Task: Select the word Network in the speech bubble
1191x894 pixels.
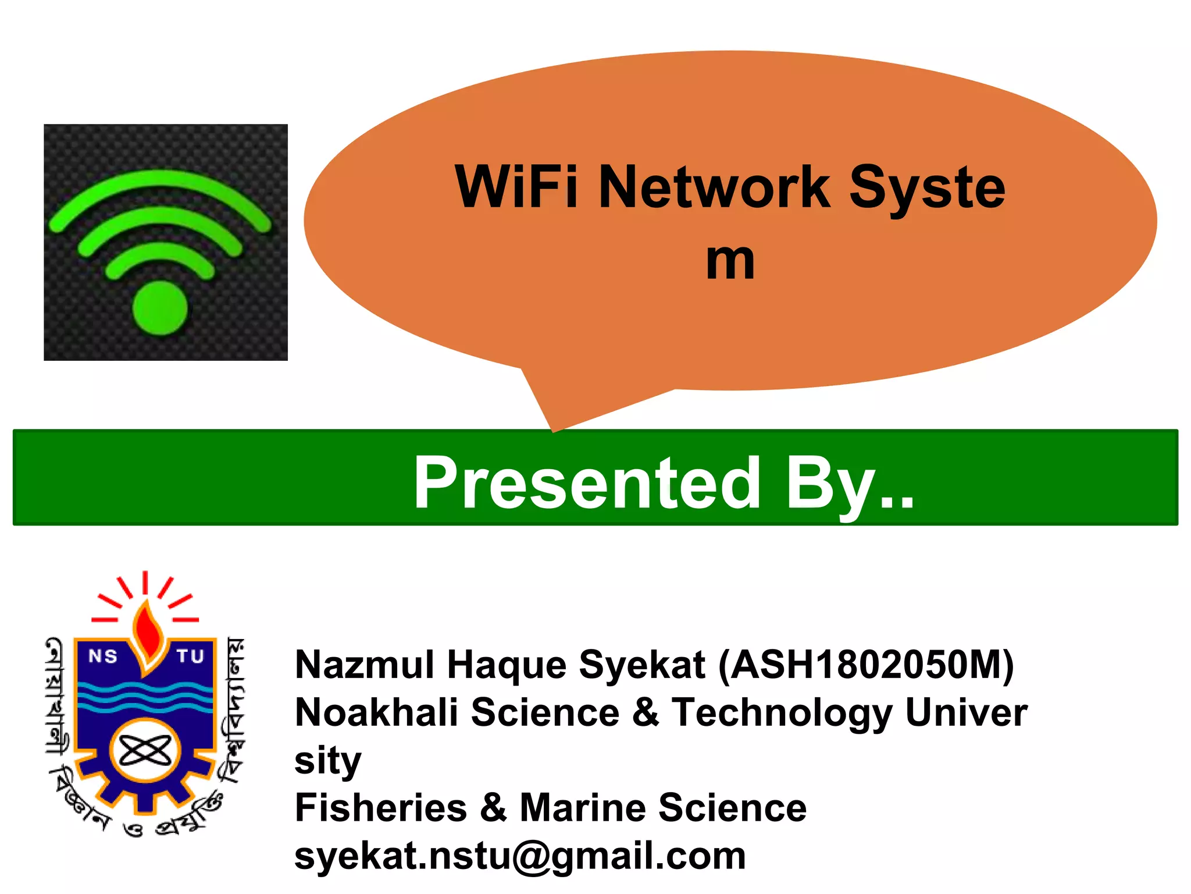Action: [714, 187]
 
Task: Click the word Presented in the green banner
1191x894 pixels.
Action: [587, 483]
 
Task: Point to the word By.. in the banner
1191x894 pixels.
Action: [850, 483]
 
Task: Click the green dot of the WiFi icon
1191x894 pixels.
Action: [160, 308]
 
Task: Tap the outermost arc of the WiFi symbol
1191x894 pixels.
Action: [159, 186]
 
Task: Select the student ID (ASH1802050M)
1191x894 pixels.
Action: [866, 665]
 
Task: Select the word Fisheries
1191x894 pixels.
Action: [381, 808]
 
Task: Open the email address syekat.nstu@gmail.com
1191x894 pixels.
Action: [520, 856]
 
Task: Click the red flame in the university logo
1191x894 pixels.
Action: [146, 634]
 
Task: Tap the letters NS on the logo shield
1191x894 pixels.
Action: [103, 657]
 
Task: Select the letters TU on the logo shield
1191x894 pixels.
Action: [190, 657]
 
